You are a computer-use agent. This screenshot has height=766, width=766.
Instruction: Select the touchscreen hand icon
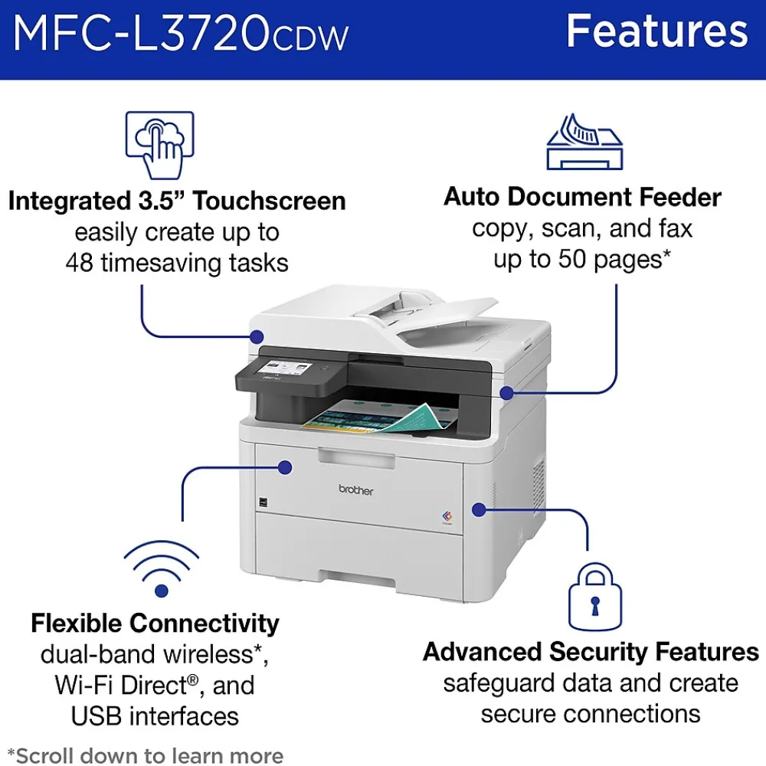click(160, 145)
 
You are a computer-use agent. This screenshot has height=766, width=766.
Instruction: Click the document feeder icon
click(584, 142)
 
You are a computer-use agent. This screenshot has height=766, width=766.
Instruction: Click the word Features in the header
click(657, 31)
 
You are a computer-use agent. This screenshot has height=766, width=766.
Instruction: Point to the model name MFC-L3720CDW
click(181, 33)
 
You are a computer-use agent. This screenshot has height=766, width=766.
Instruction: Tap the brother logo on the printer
click(355, 489)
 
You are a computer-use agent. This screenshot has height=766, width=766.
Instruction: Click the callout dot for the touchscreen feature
click(256, 336)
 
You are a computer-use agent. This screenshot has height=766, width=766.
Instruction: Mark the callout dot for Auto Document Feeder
click(507, 392)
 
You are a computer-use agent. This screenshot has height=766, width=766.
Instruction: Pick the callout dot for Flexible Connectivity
click(285, 467)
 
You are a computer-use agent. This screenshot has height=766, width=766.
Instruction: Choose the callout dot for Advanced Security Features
click(479, 510)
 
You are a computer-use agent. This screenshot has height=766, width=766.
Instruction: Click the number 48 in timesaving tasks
click(79, 263)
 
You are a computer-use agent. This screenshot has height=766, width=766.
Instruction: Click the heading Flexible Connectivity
click(155, 624)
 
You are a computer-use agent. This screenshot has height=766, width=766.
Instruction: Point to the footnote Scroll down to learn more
click(146, 755)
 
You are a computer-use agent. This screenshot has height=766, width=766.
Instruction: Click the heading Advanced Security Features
click(591, 652)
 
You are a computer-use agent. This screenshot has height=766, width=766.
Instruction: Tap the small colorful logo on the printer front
click(447, 516)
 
